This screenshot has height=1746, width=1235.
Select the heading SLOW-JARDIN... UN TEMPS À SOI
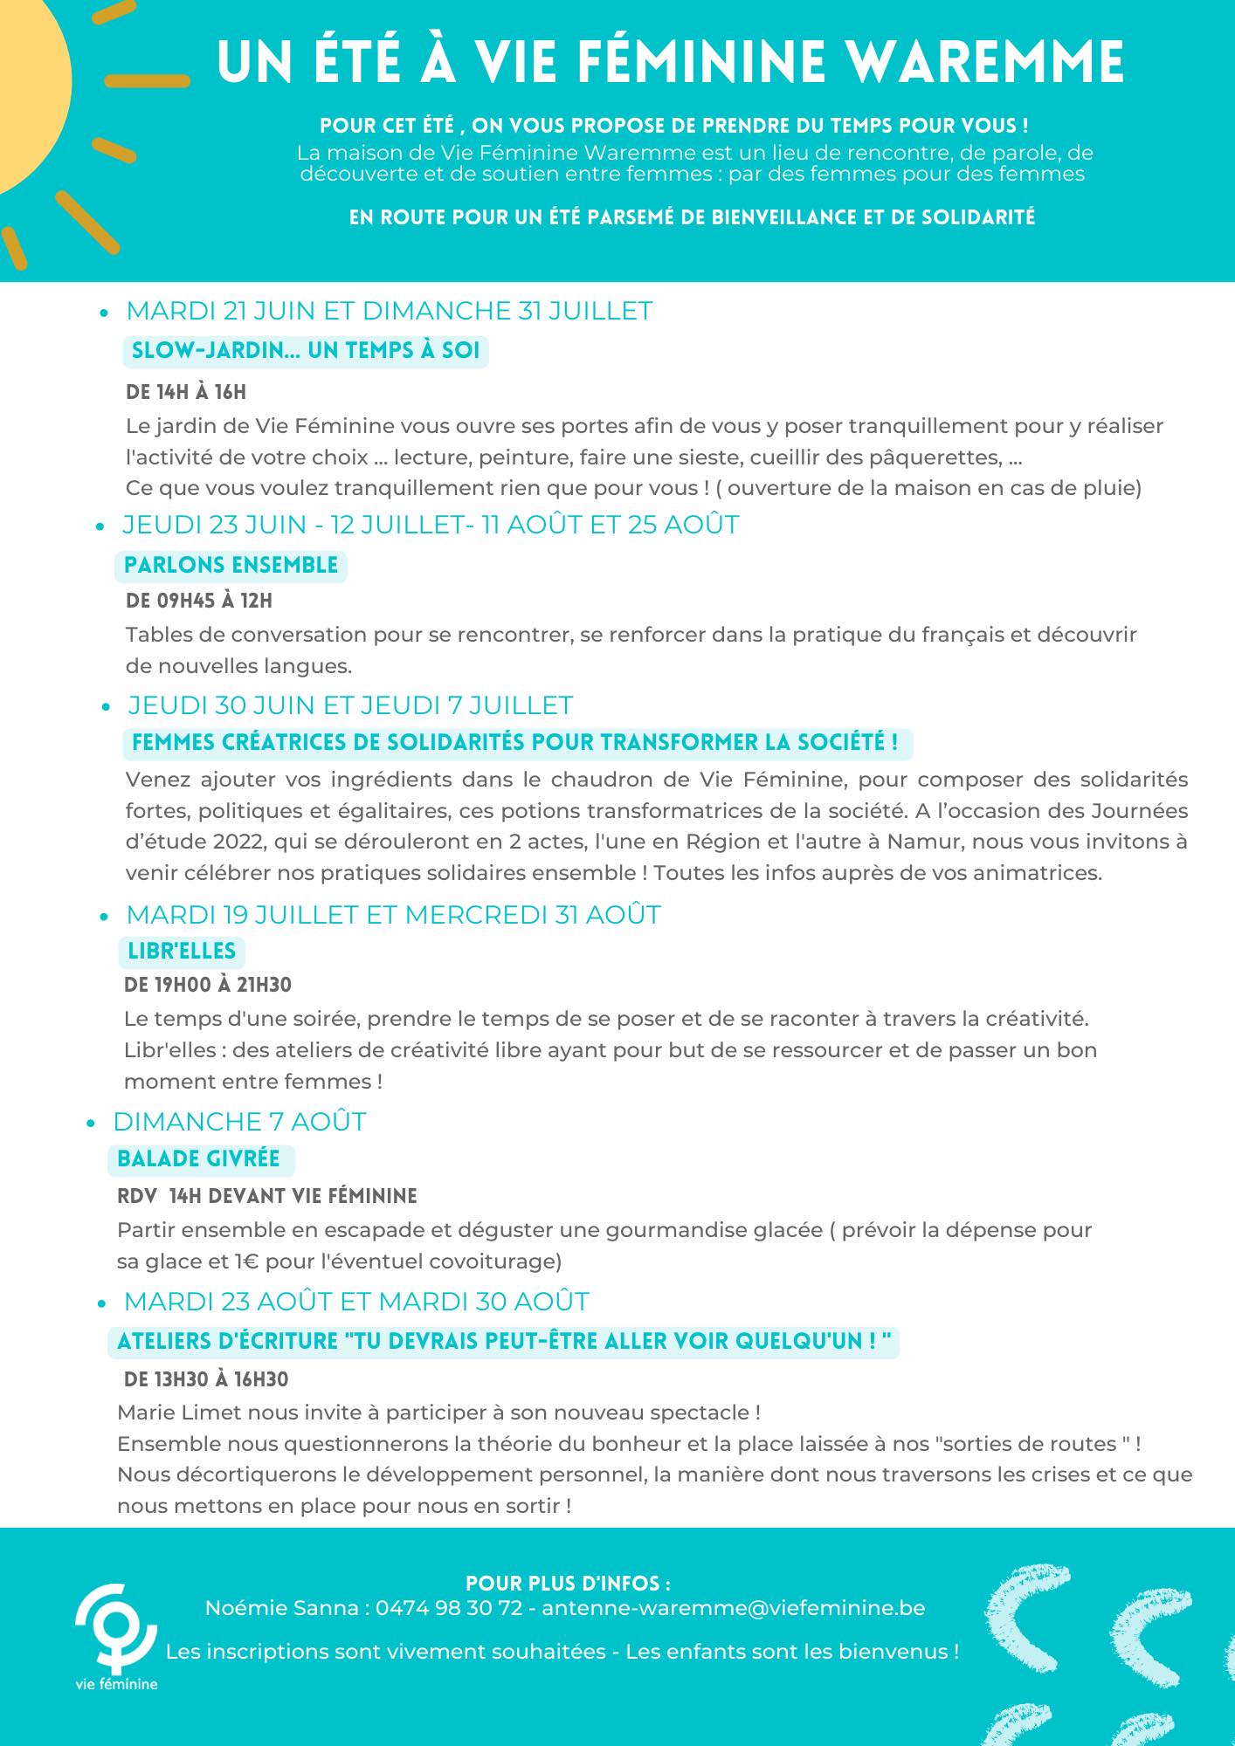pos(305,351)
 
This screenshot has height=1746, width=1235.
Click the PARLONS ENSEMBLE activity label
pos(231,566)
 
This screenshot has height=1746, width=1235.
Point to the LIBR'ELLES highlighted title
pos(182,951)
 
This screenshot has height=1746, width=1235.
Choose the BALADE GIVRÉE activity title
pos(198,1159)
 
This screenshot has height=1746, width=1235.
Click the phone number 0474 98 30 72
pos(449,1608)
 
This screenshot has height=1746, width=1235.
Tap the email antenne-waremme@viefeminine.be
pos(733,1608)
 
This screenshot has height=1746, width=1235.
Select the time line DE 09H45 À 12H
pos(199,601)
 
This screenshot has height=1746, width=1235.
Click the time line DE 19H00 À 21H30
pos(208,986)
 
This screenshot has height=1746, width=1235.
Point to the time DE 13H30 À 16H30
pos(206,1379)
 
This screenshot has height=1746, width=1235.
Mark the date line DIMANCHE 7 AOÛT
pos(239,1122)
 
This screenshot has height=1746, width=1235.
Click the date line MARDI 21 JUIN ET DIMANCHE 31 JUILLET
pos(389,312)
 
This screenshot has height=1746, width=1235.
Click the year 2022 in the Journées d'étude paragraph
pos(238,842)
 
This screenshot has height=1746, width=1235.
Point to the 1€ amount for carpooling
pos(245,1261)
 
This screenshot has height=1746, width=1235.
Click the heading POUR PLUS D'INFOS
pos(568,1584)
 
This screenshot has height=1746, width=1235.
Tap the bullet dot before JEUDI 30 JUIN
pos(106,707)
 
